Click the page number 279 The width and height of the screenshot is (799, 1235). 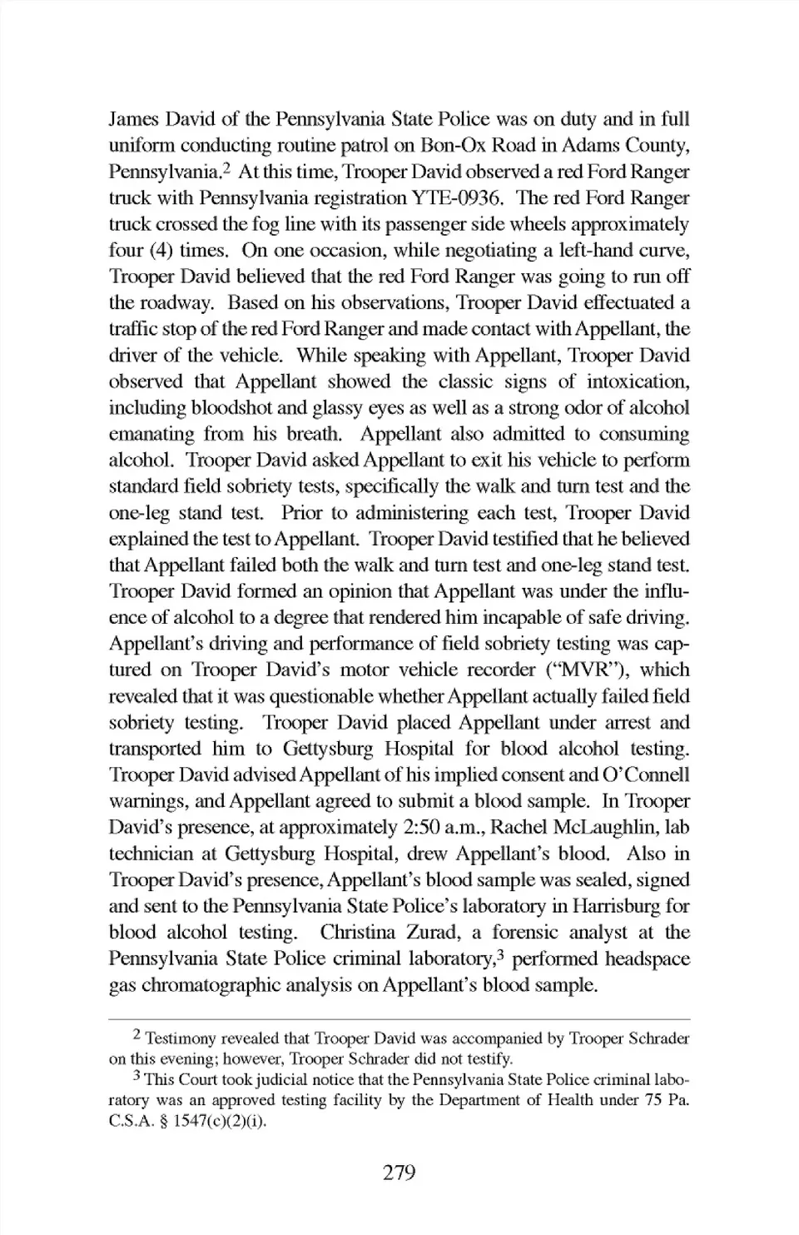[399, 1173]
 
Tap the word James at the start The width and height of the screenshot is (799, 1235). [134, 119]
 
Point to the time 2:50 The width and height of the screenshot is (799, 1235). [422, 828]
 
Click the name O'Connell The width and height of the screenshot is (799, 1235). [644, 775]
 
